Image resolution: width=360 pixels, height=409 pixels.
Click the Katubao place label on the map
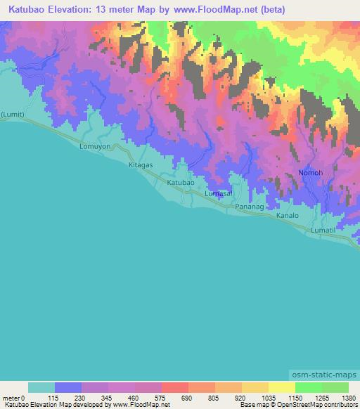(180, 182)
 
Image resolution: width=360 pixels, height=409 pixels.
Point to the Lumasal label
(218, 193)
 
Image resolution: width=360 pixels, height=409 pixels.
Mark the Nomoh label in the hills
(311, 172)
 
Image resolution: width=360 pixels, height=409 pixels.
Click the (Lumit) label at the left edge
(12, 114)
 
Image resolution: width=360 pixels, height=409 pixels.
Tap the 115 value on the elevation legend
(54, 397)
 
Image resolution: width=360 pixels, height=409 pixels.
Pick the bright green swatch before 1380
(335, 387)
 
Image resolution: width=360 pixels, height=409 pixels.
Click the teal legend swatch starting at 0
(41, 387)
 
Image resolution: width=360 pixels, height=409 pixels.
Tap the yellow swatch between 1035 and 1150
(281, 387)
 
